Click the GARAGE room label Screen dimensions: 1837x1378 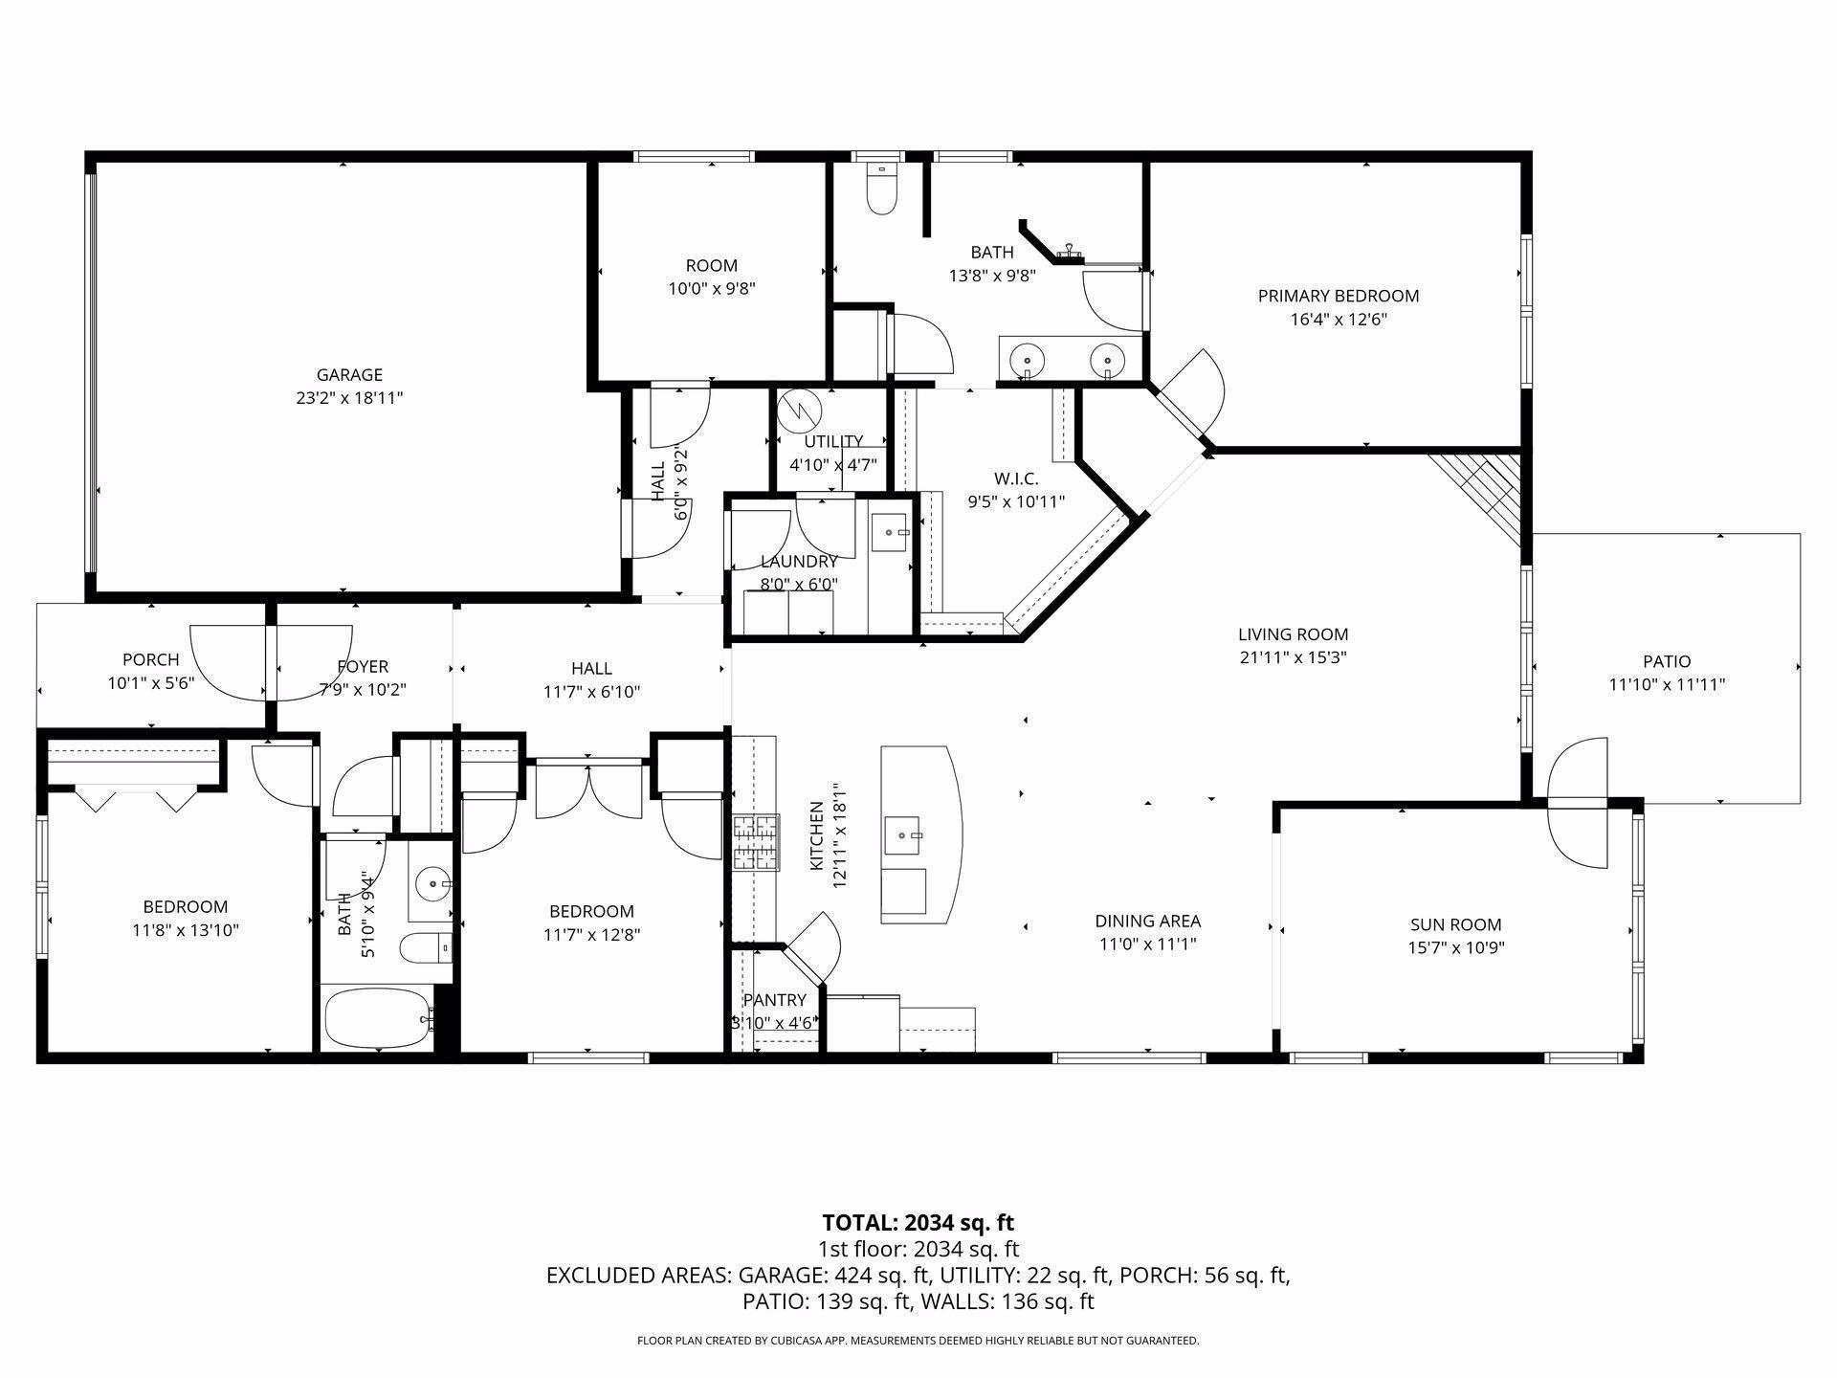point(349,375)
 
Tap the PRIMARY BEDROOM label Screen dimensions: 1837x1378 point(1338,296)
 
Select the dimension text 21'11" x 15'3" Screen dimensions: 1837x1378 point(1293,657)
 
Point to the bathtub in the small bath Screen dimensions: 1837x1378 point(377,1020)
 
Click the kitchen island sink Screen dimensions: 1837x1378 point(903,836)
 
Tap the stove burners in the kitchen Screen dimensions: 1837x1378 point(756,843)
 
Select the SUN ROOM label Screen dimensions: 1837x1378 point(1455,924)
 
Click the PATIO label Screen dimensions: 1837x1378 point(1667,661)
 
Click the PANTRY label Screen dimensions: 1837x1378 point(774,1000)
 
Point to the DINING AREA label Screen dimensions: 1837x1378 point(1147,921)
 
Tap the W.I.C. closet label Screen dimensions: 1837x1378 point(1015,478)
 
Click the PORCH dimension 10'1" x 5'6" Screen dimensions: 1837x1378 point(150,683)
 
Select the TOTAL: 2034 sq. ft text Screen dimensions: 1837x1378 point(918,1222)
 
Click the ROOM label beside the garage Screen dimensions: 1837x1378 point(711,265)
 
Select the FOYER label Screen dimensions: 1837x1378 point(363,666)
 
